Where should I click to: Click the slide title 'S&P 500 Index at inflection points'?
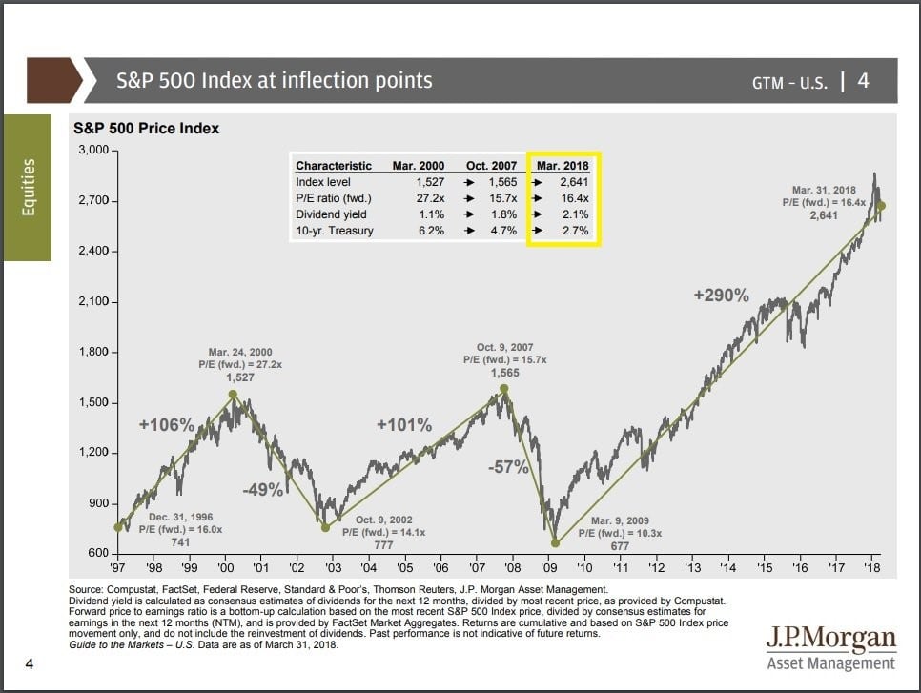coord(274,80)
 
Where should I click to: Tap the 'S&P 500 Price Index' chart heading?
coord(147,129)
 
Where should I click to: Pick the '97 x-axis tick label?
coord(118,568)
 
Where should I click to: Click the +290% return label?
coord(721,296)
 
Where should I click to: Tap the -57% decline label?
coord(510,467)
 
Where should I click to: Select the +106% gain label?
coord(167,425)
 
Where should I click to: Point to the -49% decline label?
coord(262,490)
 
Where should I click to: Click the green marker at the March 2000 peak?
coord(233,394)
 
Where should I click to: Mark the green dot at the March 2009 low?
coord(555,543)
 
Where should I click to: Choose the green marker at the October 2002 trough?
coord(325,527)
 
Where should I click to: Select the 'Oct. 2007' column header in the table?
coord(490,166)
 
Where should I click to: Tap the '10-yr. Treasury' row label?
coord(335,231)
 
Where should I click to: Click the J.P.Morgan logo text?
coord(831,638)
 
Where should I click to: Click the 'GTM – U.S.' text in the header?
coord(789,82)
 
